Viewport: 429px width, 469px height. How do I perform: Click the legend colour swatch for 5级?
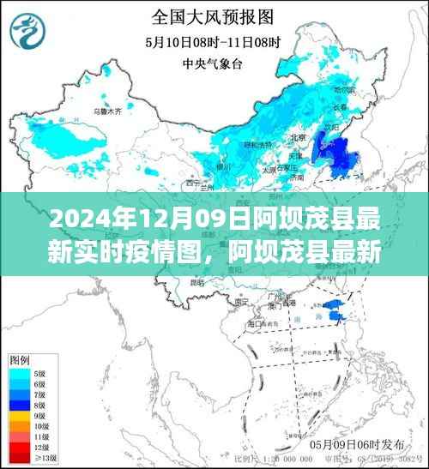pyautogui.click(x=18, y=374)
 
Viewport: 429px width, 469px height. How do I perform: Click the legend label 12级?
pyautogui.click(x=39, y=446)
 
